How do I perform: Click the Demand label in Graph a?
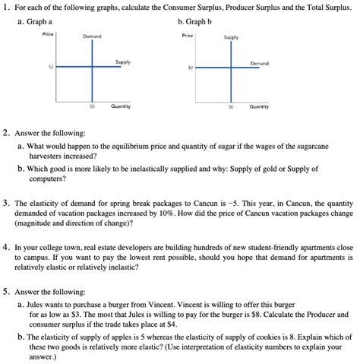pyautogui.click(x=92, y=36)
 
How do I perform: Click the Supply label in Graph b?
pyautogui.click(x=231, y=36)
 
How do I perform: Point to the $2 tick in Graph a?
pyautogui.click(x=49, y=68)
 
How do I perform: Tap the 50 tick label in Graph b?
pyautogui.click(x=230, y=106)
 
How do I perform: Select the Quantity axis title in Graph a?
pyautogui.click(x=120, y=106)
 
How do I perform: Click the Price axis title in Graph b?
pyautogui.click(x=188, y=35)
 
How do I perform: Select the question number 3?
pyautogui.click(x=6, y=204)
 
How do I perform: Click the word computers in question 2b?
pyautogui.click(x=49, y=179)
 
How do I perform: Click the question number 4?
pyautogui.click(x=6, y=247)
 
